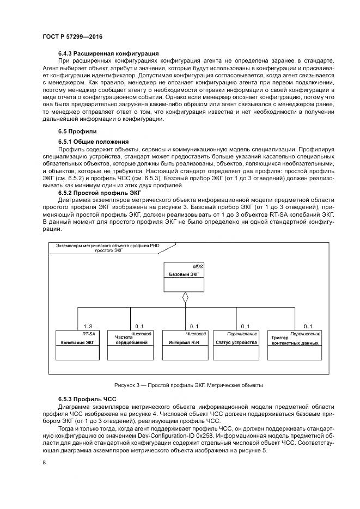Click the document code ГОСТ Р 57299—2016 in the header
coord(72,36)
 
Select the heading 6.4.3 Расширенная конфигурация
coord(108,53)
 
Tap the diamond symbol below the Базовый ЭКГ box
coord(186,297)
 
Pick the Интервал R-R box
coord(185,345)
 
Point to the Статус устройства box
coord(236,345)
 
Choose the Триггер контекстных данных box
coord(295,345)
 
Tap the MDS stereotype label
coord(198,267)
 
